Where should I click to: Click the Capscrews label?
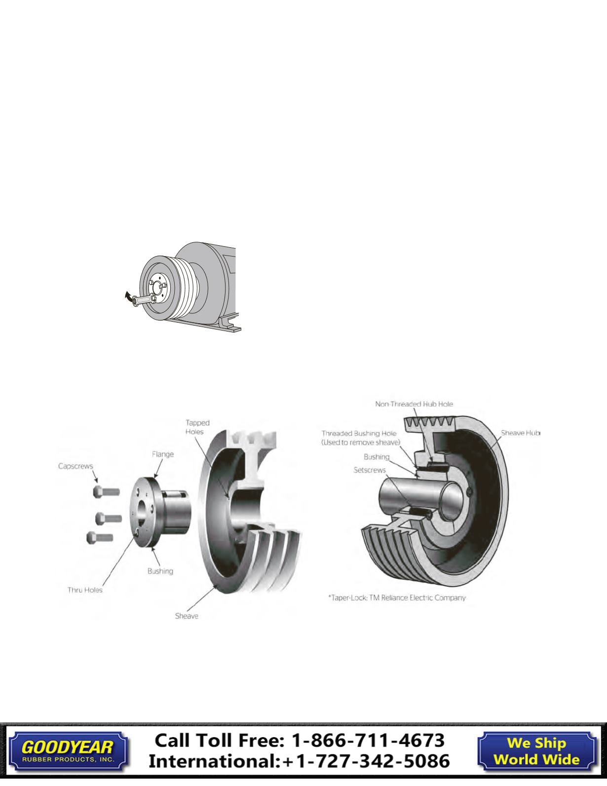pos(76,466)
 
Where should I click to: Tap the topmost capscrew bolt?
pos(106,491)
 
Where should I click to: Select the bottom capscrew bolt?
pos(100,537)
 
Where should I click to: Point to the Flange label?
pos(162,454)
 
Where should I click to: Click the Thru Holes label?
pos(85,590)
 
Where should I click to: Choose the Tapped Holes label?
pos(197,427)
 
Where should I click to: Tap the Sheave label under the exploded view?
pos(187,616)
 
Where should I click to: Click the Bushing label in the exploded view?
pos(160,571)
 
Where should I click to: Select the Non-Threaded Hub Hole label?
pos(414,404)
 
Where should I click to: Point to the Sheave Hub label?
pos(521,433)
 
